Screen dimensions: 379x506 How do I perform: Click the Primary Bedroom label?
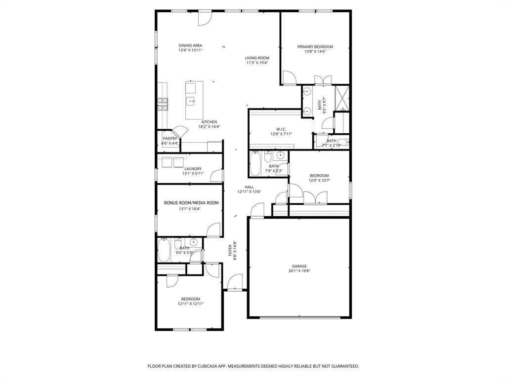pyautogui.click(x=315, y=47)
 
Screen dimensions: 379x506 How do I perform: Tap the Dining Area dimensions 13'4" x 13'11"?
pyautogui.click(x=190, y=50)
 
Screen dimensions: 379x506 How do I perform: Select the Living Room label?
pyautogui.click(x=257, y=58)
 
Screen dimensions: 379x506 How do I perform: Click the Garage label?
pyautogui.click(x=299, y=266)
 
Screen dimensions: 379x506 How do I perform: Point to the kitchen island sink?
pyautogui.click(x=190, y=102)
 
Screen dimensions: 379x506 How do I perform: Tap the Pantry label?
pyautogui.click(x=169, y=139)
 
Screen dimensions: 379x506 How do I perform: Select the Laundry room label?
pyautogui.click(x=179, y=169)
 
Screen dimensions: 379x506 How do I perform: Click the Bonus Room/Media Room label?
pyautogui.click(x=191, y=203)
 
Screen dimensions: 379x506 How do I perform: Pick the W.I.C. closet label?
pyautogui.click(x=275, y=129)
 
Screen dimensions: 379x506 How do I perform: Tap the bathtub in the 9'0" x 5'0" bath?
pyautogui.click(x=164, y=250)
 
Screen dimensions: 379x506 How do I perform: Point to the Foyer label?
pyautogui.click(x=230, y=250)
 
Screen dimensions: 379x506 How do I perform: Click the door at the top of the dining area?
pyautogui.click(x=205, y=18)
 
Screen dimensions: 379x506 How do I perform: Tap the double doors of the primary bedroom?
pyautogui.click(x=323, y=80)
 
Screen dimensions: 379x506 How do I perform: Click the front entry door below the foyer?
pyautogui.click(x=234, y=283)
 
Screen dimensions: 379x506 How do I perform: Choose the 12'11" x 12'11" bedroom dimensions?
pyautogui.click(x=191, y=304)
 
